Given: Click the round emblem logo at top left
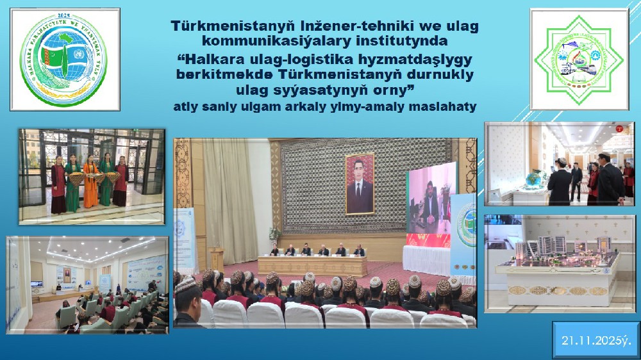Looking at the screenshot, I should tap(65, 60).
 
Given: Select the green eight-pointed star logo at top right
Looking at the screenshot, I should tap(579, 59).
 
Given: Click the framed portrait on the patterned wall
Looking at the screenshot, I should tap(360, 183).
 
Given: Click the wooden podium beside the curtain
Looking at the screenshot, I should tap(217, 259).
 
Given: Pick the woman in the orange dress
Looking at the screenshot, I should tap(91, 182).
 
